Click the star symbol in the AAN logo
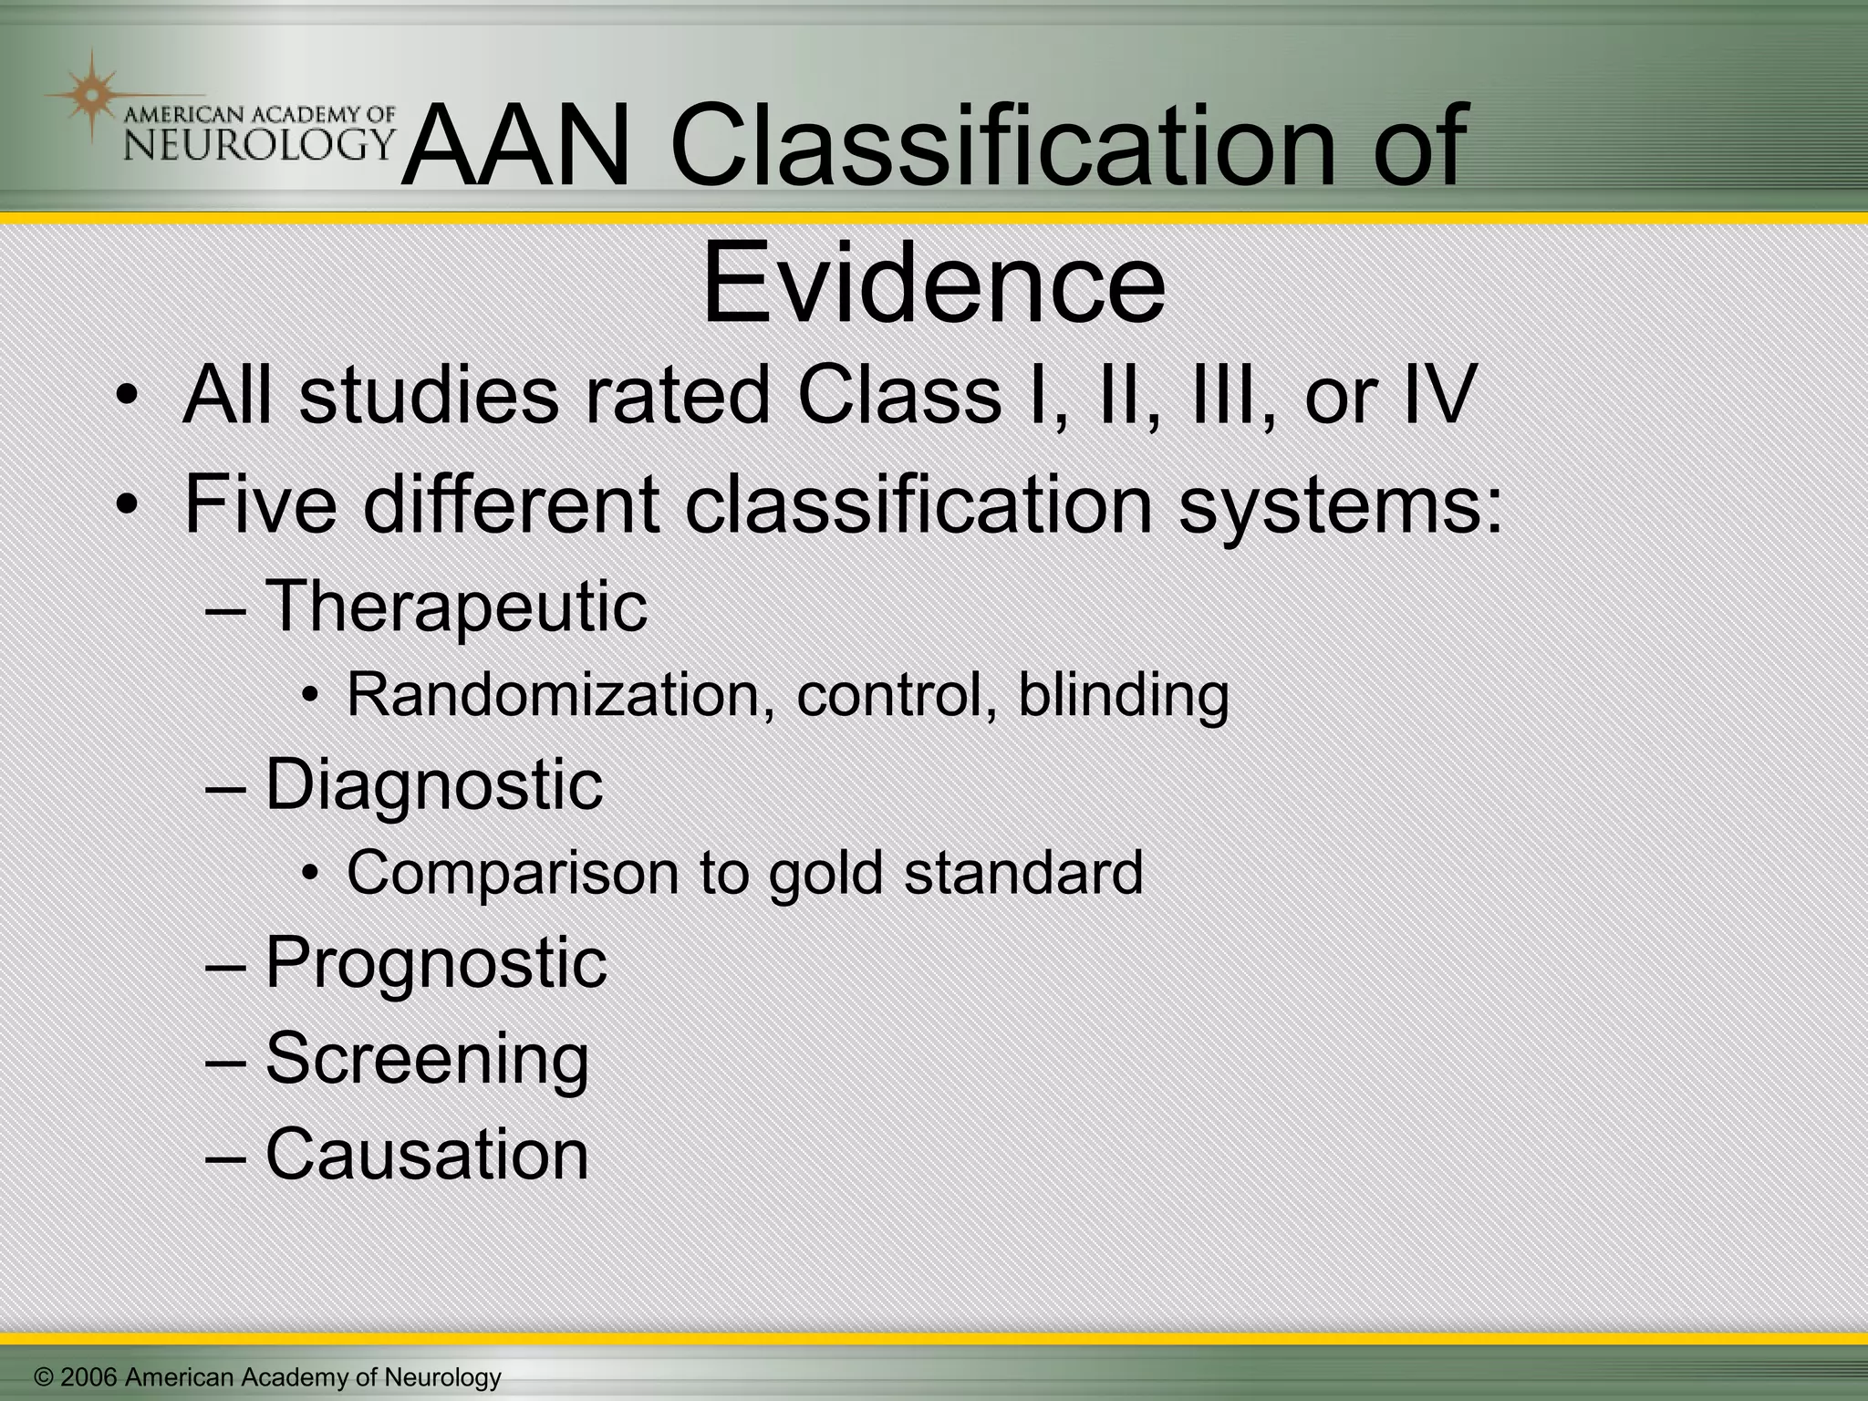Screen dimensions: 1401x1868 (x=89, y=94)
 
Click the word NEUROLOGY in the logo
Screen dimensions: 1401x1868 (x=258, y=144)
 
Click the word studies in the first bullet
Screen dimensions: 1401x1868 (x=429, y=396)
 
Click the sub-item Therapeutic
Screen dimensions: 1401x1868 (x=456, y=606)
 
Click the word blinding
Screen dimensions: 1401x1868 (x=1123, y=695)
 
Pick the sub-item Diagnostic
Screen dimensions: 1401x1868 (x=434, y=784)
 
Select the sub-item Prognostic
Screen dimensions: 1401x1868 (x=436, y=963)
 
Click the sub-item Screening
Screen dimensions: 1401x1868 (x=427, y=1058)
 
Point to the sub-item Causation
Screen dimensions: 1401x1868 (x=427, y=1154)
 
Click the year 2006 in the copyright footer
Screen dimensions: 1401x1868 (x=88, y=1377)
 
